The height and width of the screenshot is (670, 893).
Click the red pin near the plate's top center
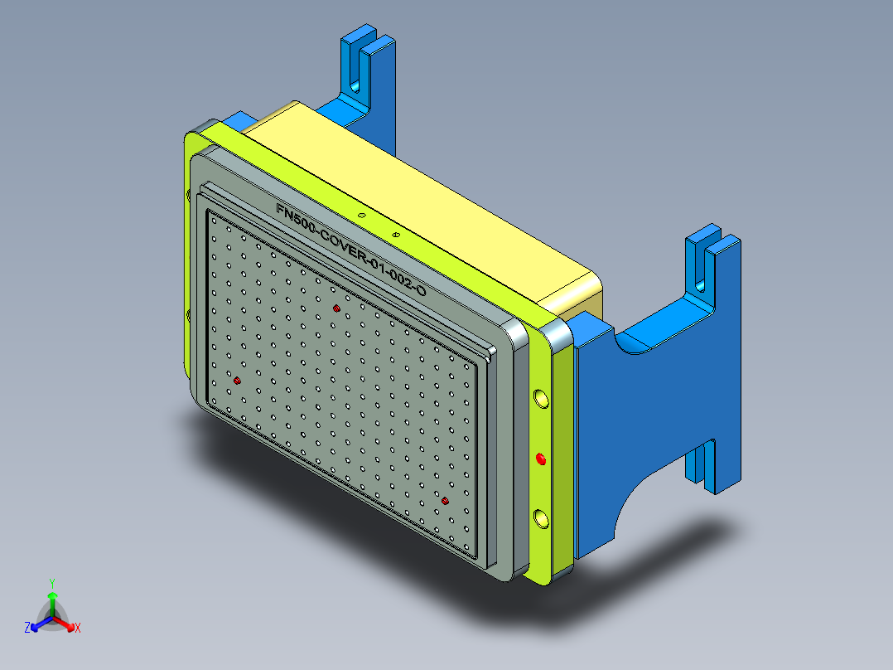[336, 308]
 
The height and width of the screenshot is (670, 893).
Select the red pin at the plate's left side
[238, 381]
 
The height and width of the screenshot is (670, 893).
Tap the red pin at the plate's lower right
[445, 501]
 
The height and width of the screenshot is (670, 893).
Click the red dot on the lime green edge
[541, 459]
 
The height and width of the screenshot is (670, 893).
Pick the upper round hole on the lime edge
[541, 400]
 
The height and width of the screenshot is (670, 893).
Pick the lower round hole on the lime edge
[541, 519]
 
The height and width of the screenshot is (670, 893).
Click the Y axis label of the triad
[51, 583]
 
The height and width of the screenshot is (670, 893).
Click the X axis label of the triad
[78, 628]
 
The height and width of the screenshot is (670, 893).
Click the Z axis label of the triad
[27, 628]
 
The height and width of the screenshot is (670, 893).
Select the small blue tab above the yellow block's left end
[239, 119]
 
